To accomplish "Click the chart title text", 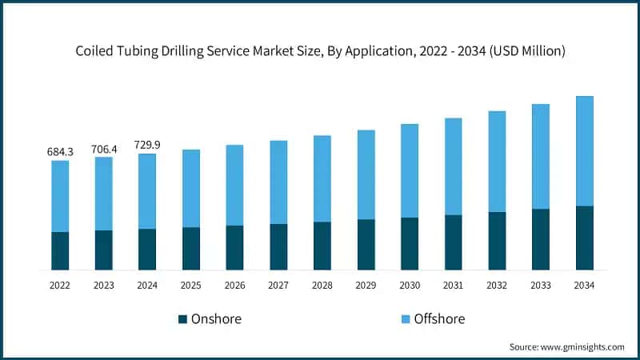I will [x=320, y=51].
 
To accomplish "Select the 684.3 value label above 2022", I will [x=60, y=151].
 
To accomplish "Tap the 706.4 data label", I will [x=104, y=148].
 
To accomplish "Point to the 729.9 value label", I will [x=147, y=144].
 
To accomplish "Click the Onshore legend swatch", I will [x=182, y=319].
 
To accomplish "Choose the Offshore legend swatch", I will [x=405, y=319].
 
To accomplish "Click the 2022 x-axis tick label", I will [x=60, y=285].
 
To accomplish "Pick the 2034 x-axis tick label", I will [x=584, y=285].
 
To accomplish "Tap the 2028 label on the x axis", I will [x=322, y=285].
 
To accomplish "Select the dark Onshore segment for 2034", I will [x=584, y=238].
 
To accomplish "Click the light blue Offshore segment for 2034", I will [x=584, y=150].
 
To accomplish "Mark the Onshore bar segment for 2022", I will [x=60, y=250].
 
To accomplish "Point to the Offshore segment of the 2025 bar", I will [x=191, y=188].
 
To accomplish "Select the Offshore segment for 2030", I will [x=410, y=170].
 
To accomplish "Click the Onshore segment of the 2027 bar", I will [x=278, y=246].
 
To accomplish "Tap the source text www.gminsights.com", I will [x=566, y=346].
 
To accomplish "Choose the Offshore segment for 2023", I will [x=104, y=194].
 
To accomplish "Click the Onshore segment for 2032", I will [x=497, y=241].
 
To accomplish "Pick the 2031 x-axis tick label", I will [x=453, y=285].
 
